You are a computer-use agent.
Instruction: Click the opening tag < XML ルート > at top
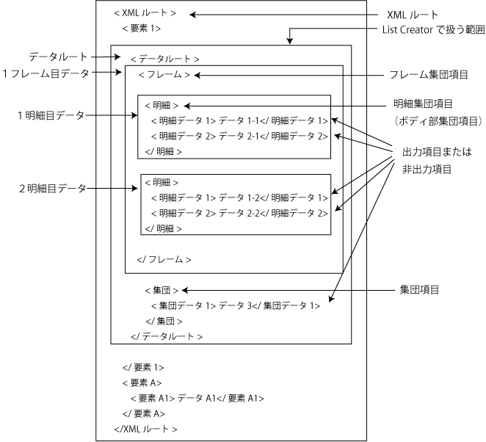(x=145, y=13)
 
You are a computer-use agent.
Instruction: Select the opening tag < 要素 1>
(x=142, y=29)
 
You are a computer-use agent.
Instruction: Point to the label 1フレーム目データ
(x=46, y=73)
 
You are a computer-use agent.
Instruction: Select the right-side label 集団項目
(x=419, y=290)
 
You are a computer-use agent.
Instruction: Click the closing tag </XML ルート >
(x=145, y=429)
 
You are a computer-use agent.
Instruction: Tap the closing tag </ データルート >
(x=166, y=336)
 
